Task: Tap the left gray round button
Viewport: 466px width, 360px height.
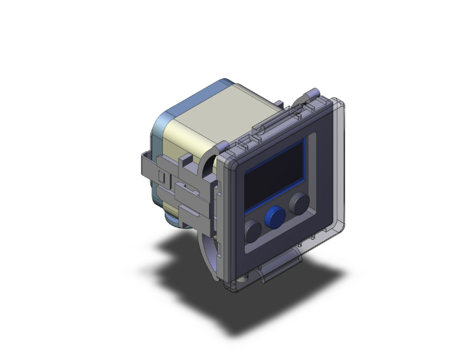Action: (253, 231)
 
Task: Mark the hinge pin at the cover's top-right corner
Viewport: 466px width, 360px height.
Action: (311, 95)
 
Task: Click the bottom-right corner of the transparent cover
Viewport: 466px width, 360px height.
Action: (343, 226)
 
